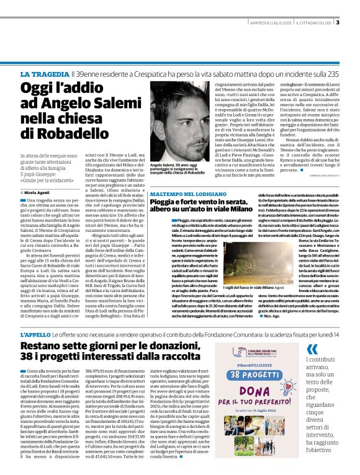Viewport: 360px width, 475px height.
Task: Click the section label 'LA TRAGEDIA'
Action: pos(42,74)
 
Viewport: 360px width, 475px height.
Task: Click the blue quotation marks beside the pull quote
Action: pos(312,348)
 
